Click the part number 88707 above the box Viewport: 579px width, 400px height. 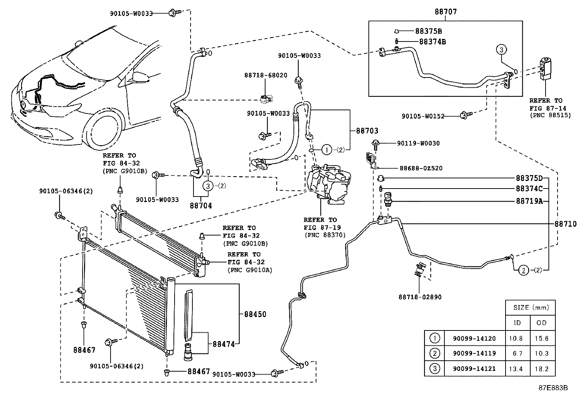click(446, 12)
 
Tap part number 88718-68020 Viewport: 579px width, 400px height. click(265, 75)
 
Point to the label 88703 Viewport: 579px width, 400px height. click(367, 131)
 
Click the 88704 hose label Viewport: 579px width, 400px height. click(200, 206)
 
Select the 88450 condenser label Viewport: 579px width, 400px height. click(255, 314)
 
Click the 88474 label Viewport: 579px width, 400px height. click(224, 344)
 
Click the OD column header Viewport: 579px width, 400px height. click(541, 322)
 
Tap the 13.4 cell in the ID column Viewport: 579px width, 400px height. click(516, 369)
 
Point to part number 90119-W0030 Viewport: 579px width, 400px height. click(418, 143)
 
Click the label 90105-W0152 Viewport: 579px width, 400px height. click(423, 116)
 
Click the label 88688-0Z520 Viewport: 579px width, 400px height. click(421, 169)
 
